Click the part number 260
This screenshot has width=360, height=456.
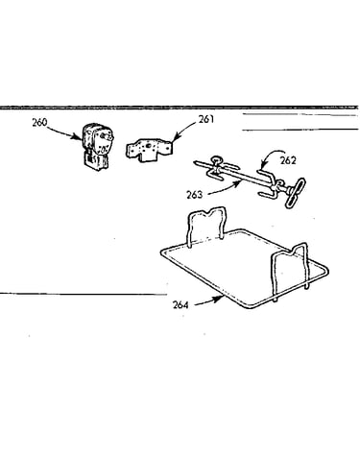pyautogui.click(x=39, y=122)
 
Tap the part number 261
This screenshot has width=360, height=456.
pyautogui.click(x=206, y=119)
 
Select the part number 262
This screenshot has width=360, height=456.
pyautogui.click(x=288, y=160)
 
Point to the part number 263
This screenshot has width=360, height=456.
pyautogui.click(x=195, y=194)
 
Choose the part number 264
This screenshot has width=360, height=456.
pyautogui.click(x=180, y=304)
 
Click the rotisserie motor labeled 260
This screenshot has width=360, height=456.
pyautogui.click(x=97, y=147)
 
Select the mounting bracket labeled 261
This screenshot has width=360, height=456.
pyautogui.click(x=149, y=149)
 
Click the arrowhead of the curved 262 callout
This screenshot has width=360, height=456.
pyautogui.click(x=262, y=167)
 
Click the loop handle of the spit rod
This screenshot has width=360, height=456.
pyautogui.click(x=295, y=193)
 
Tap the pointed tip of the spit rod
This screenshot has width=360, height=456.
pyautogui.click(x=195, y=163)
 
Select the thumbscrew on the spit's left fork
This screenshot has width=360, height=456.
pyautogui.click(x=216, y=159)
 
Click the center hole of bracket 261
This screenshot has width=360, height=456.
pyautogui.click(x=148, y=147)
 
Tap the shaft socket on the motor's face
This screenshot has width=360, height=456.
pyautogui.click(x=104, y=136)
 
